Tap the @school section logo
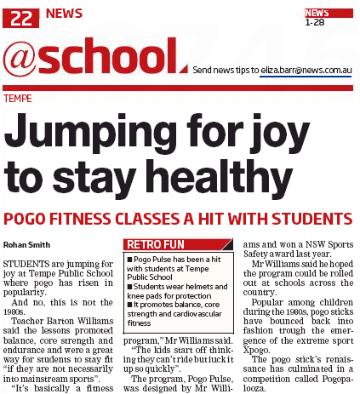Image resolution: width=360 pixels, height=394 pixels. pyautogui.click(x=92, y=57)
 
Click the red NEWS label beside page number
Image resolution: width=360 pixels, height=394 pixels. pyautogui.click(x=65, y=14)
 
